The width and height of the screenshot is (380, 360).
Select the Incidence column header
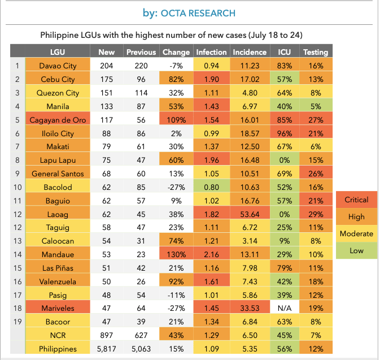[249, 52]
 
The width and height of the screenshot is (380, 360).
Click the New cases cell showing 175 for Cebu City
[106, 79]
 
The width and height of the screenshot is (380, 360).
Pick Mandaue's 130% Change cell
[176, 254]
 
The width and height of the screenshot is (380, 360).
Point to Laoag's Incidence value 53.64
[249, 214]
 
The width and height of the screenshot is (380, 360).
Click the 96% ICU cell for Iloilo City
[285, 133]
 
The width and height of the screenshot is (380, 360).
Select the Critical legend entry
[356, 199]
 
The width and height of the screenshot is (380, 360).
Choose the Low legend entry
[356, 250]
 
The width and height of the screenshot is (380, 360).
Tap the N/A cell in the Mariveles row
[285, 308]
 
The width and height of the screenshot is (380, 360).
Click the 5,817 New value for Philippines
[106, 349]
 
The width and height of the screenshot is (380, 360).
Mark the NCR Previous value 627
[141, 335]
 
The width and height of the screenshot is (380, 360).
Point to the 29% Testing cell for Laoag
[316, 214]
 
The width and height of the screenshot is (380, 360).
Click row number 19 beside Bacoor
[17, 322]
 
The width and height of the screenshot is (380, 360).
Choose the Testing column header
[316, 52]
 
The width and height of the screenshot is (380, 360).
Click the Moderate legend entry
[356, 233]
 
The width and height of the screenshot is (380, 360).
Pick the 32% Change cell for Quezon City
[176, 93]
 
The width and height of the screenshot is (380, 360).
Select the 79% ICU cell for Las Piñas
[285, 268]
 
